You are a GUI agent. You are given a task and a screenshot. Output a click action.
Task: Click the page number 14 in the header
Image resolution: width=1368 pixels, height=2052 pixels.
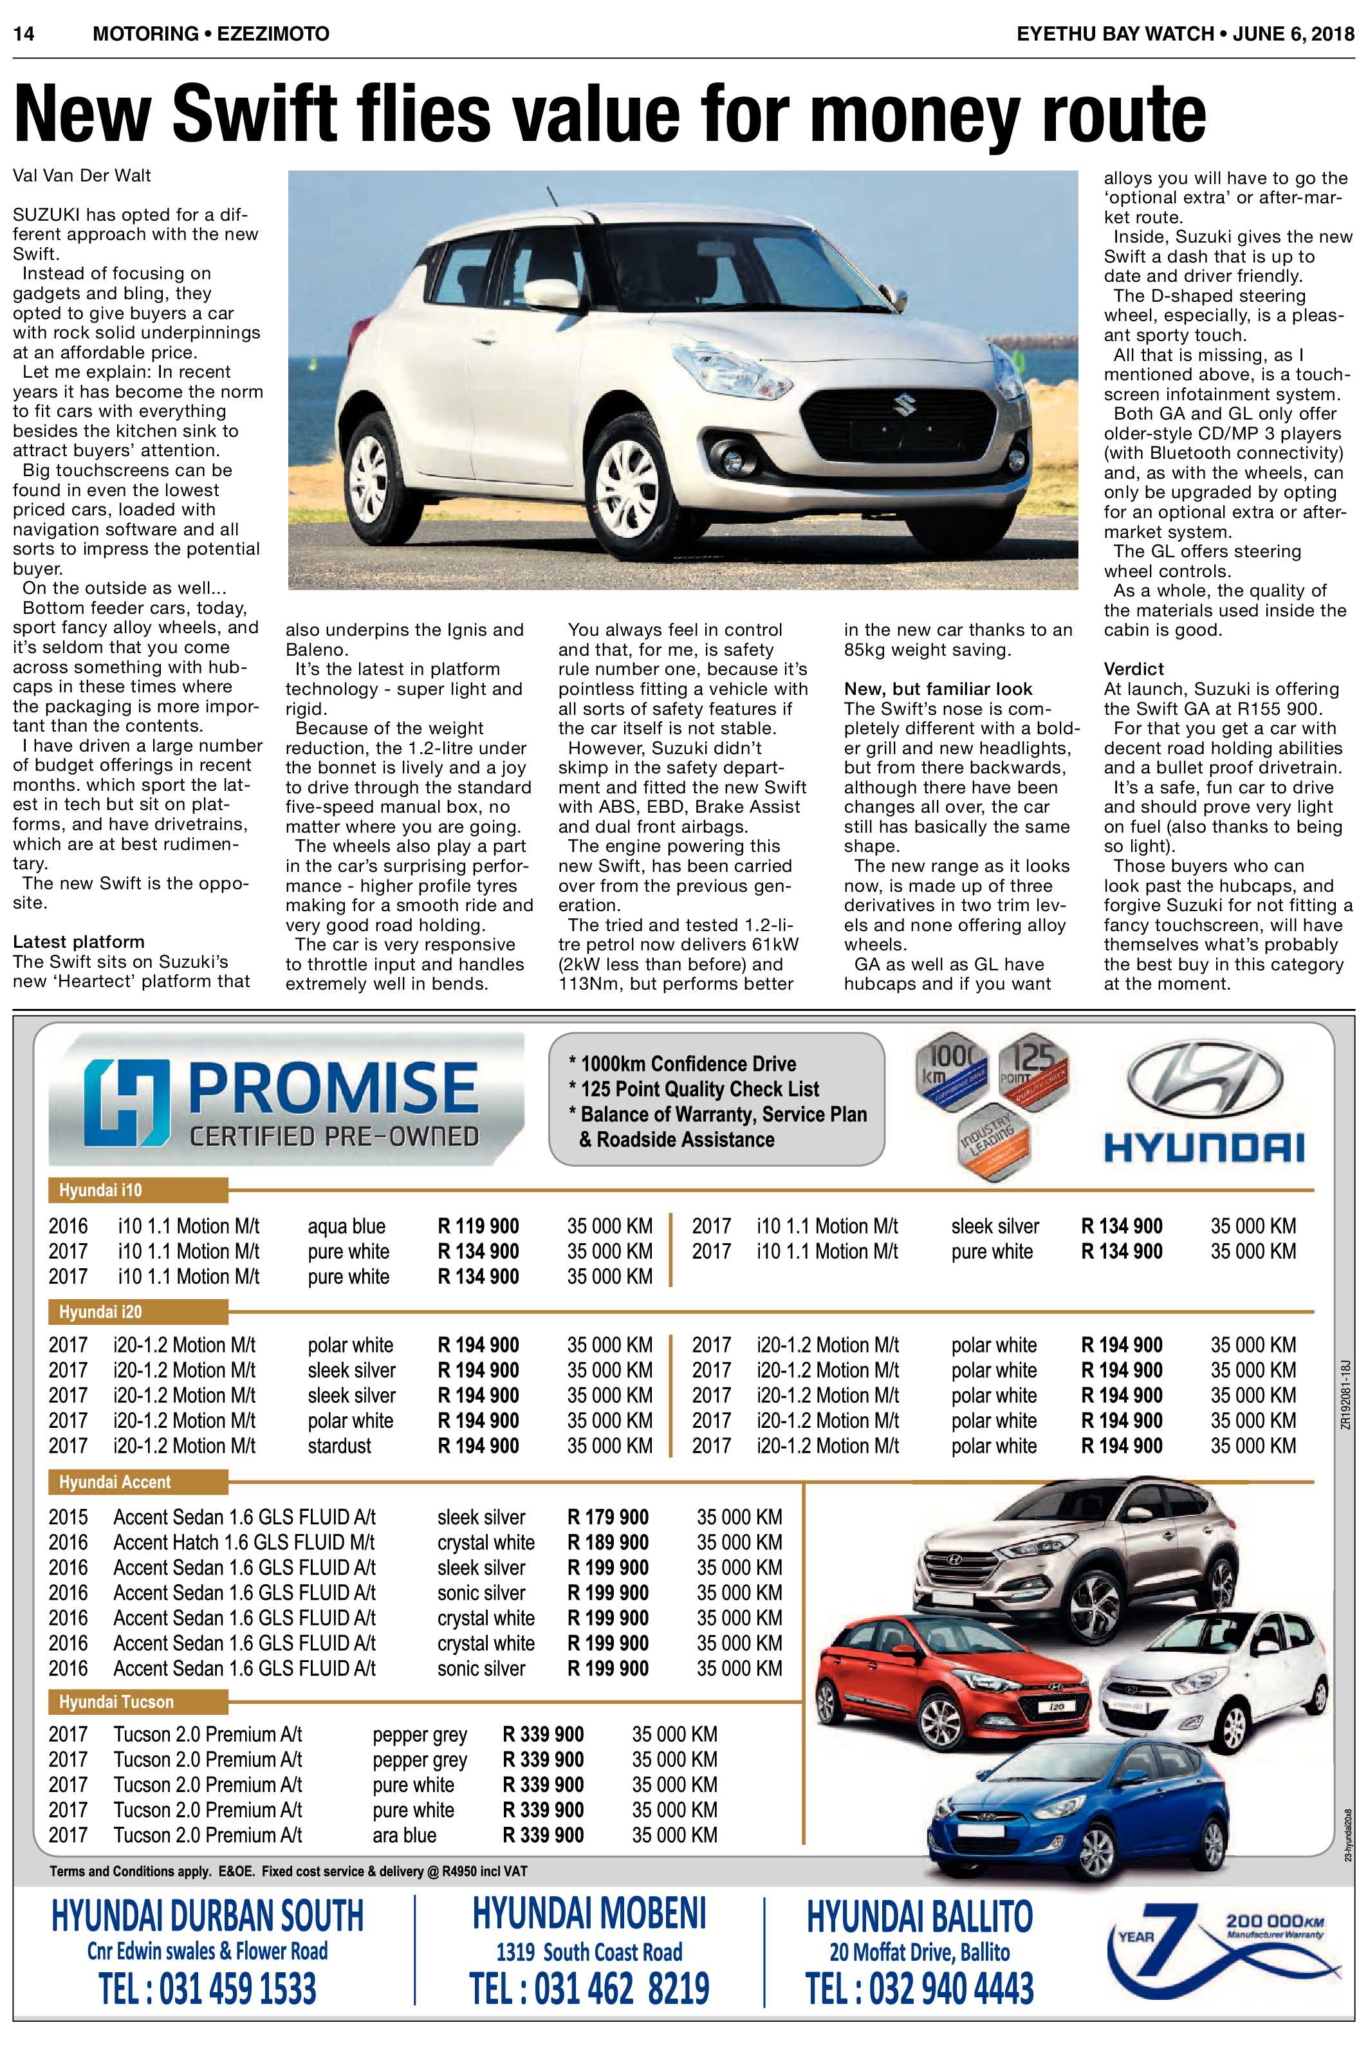click(24, 34)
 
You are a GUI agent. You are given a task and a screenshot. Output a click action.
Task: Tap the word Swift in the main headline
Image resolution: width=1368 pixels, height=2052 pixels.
click(252, 113)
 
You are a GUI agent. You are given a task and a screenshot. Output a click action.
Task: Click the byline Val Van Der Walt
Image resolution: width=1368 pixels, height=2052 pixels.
click(82, 176)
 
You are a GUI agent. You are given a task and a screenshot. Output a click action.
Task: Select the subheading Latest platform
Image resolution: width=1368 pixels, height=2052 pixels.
click(79, 941)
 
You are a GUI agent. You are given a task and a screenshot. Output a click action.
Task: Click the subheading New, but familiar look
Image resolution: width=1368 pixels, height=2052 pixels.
click(938, 689)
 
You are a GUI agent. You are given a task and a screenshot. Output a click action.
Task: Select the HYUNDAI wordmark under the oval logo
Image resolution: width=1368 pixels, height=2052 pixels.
click(1204, 1147)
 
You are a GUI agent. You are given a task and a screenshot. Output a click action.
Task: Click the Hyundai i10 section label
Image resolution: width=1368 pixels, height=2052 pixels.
click(100, 1190)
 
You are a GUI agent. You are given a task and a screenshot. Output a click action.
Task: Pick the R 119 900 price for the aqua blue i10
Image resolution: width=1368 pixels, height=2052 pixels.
click(478, 1226)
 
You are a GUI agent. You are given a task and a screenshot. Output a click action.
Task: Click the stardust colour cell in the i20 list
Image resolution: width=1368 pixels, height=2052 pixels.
click(339, 1446)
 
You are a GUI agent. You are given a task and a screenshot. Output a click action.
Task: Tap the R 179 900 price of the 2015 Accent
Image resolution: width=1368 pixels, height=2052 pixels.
click(608, 1517)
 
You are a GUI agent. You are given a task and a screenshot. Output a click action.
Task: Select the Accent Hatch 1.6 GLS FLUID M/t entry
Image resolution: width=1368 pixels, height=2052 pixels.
click(245, 1542)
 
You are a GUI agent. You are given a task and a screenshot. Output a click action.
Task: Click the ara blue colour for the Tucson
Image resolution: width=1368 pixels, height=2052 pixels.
click(404, 1835)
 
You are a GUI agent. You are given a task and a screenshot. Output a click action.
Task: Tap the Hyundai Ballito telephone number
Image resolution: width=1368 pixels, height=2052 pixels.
click(920, 1988)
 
